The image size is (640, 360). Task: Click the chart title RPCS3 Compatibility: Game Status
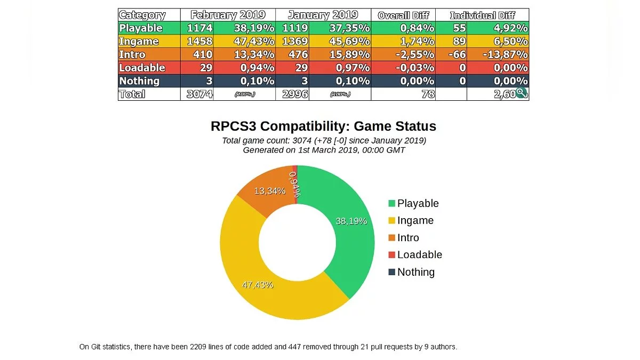point(323,126)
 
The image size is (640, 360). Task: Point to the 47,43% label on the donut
point(258,285)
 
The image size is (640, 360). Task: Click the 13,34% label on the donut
point(269,191)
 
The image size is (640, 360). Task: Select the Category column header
point(142,15)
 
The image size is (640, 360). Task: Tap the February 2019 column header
point(228,15)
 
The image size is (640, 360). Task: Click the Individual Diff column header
point(482,15)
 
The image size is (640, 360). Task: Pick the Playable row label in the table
point(141,28)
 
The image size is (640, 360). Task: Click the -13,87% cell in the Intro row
point(505,54)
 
